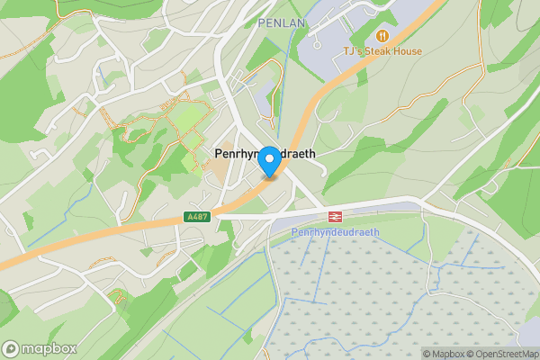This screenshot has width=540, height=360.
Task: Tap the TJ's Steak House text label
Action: coord(383,51)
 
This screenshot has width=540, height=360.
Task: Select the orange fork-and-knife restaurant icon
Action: coord(383,35)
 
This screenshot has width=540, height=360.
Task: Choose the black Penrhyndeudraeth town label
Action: coord(265,154)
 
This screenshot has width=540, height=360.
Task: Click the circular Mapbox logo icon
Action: coord(12,347)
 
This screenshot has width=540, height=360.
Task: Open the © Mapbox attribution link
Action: coord(446,354)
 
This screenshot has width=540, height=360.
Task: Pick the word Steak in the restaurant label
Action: coord(379,51)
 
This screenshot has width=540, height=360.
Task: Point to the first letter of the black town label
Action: coord(218,154)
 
